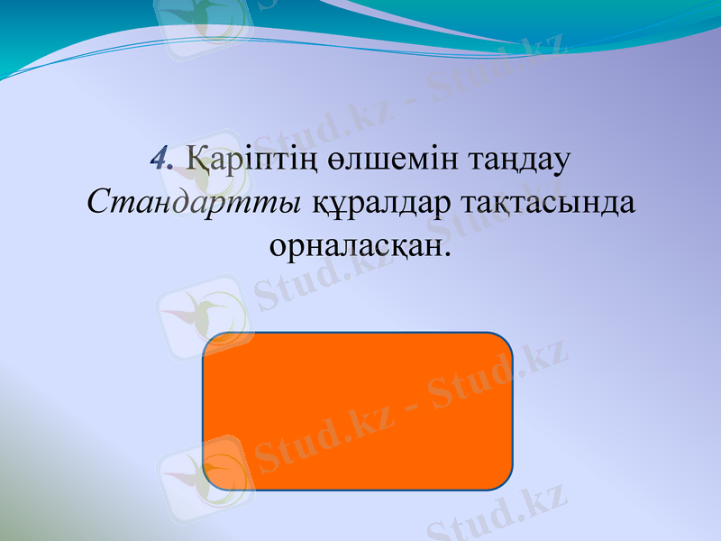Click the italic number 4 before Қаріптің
[161, 160]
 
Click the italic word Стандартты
[194, 201]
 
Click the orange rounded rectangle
[358, 411]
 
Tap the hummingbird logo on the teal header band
[202, 20]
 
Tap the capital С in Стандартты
[98, 201]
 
